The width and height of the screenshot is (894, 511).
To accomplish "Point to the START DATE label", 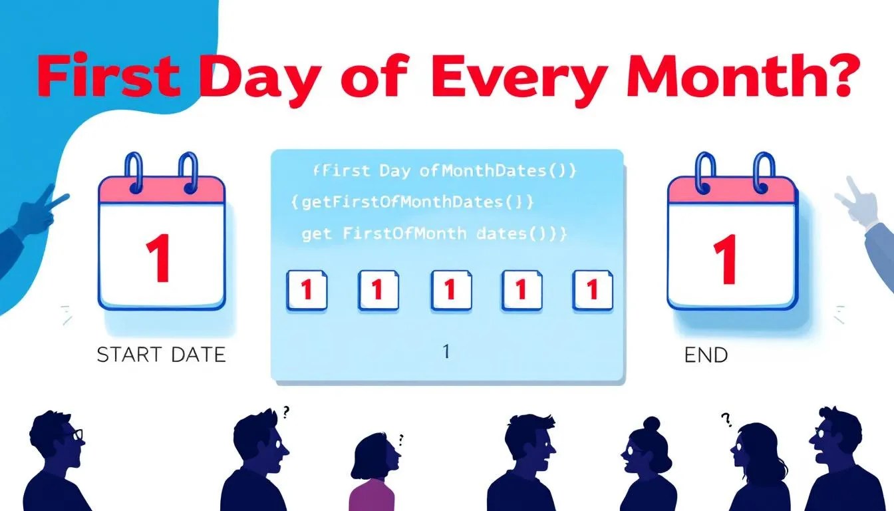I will point(162,355).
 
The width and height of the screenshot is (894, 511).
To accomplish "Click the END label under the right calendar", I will point(706,355).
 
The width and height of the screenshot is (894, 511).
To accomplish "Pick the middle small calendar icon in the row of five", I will point(450,289).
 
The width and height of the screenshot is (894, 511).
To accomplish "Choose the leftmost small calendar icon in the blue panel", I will point(307,289).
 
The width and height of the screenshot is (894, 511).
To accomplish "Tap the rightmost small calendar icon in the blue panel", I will point(592,289).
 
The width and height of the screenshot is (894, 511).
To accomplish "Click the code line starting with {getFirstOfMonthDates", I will point(413,202).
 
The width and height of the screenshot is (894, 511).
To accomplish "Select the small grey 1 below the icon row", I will point(446,351).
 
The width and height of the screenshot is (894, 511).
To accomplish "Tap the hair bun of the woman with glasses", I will point(650,423).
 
